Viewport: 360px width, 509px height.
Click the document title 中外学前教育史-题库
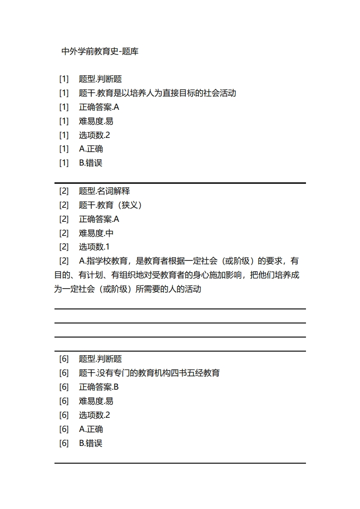pyautogui.click(x=100, y=52)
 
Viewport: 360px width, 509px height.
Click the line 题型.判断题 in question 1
pyautogui.click(x=100, y=79)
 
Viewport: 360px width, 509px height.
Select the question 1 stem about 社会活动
pyautogui.click(x=157, y=93)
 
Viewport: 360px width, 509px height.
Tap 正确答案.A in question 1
pyautogui.click(x=99, y=108)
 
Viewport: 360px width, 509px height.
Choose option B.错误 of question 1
pyautogui.click(x=91, y=163)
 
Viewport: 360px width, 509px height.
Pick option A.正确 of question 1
pyautogui.click(x=91, y=149)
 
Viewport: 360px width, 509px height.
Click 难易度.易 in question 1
pyautogui.click(x=96, y=121)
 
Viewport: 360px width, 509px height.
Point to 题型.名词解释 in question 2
pyautogui.click(x=104, y=191)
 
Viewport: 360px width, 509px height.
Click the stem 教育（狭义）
pyautogui.click(x=110, y=206)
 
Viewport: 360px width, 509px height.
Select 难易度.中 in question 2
pyautogui.click(x=96, y=233)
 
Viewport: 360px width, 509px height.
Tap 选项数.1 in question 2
pyautogui.click(x=94, y=247)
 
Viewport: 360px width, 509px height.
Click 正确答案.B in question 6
pyautogui.click(x=99, y=387)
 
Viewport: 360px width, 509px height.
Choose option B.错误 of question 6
pyautogui.click(x=91, y=443)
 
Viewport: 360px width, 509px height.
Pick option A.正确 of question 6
pyautogui.click(x=91, y=429)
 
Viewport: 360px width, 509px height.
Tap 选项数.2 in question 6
pyautogui.click(x=94, y=415)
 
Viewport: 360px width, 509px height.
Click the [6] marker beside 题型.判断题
pyautogui.click(x=64, y=359)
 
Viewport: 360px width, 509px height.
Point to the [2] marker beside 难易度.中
pyautogui.click(x=64, y=233)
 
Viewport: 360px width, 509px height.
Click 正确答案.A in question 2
pyautogui.click(x=99, y=220)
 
